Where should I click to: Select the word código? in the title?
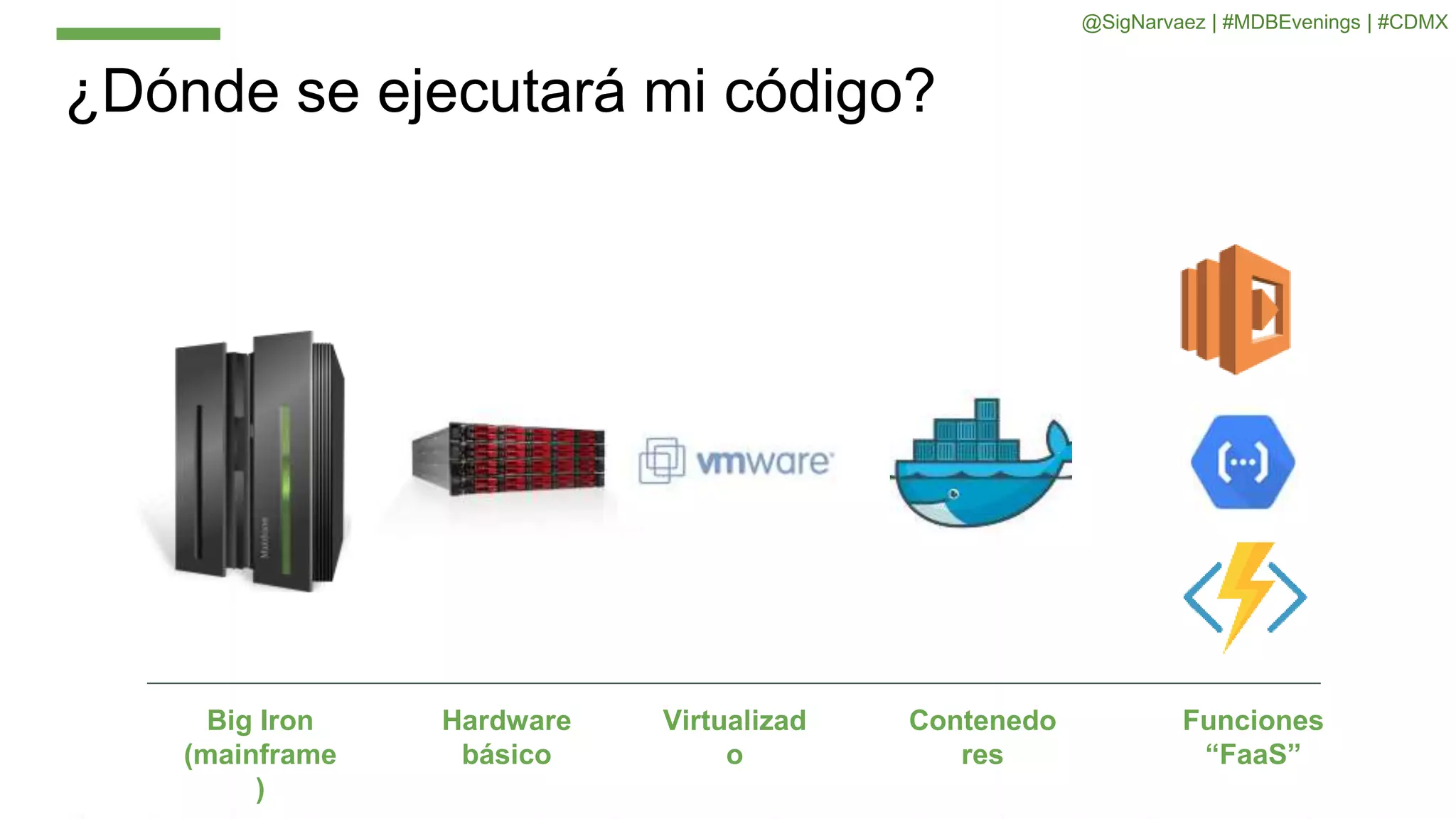pos(829,92)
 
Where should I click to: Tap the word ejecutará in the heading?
pos(501,92)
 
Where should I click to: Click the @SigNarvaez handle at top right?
pos(1142,23)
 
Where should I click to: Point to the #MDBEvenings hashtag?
pos(1291,23)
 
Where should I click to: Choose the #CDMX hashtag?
pos(1412,23)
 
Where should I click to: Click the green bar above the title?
pos(138,33)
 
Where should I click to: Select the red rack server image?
pos(509,459)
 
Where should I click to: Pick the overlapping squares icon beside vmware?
pos(661,460)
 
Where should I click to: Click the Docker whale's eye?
pos(954,493)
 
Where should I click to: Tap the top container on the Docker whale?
pos(987,409)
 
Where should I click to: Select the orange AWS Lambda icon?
pos(1236,309)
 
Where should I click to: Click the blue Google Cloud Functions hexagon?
pos(1243,462)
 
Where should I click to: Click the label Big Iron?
pos(260,720)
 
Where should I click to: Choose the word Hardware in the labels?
pos(506,720)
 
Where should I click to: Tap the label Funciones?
pos(1253,720)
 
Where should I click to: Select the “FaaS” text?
pos(1253,754)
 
